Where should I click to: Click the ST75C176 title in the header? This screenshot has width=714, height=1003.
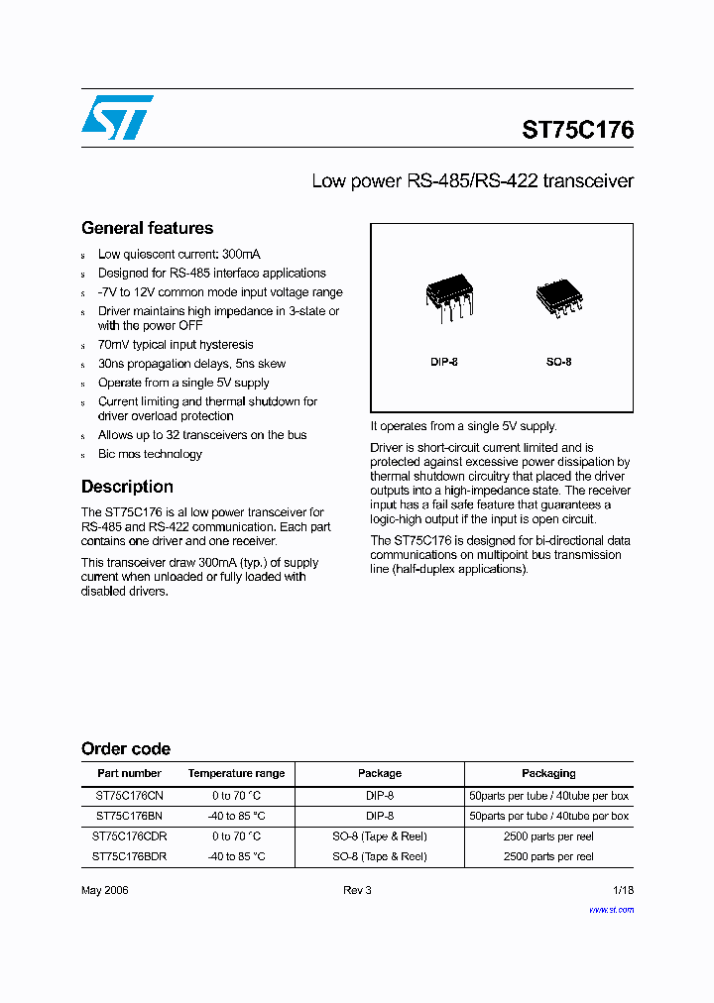point(577,130)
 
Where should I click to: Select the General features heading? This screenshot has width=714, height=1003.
point(147,228)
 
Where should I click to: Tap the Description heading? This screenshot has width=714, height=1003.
point(127,487)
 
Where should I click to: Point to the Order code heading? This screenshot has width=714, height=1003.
point(126,749)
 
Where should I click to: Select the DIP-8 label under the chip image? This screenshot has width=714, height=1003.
point(444,362)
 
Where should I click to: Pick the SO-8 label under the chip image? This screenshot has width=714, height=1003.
point(558,362)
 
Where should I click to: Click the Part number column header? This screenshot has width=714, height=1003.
point(129,773)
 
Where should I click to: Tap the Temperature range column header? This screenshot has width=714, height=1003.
point(236,773)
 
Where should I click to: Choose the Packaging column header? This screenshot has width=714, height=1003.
point(548,773)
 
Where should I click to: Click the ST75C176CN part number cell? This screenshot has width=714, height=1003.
point(129,796)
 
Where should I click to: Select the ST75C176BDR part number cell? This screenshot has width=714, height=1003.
point(129,856)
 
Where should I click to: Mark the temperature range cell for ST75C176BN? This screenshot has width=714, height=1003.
point(236,816)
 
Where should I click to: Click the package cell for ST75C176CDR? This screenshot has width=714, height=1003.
point(379,836)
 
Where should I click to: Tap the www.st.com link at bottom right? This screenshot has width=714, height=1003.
point(611,909)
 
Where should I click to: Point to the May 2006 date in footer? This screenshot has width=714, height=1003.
point(104,890)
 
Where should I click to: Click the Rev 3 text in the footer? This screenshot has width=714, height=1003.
point(357,890)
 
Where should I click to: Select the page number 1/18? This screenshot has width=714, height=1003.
point(622,890)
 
